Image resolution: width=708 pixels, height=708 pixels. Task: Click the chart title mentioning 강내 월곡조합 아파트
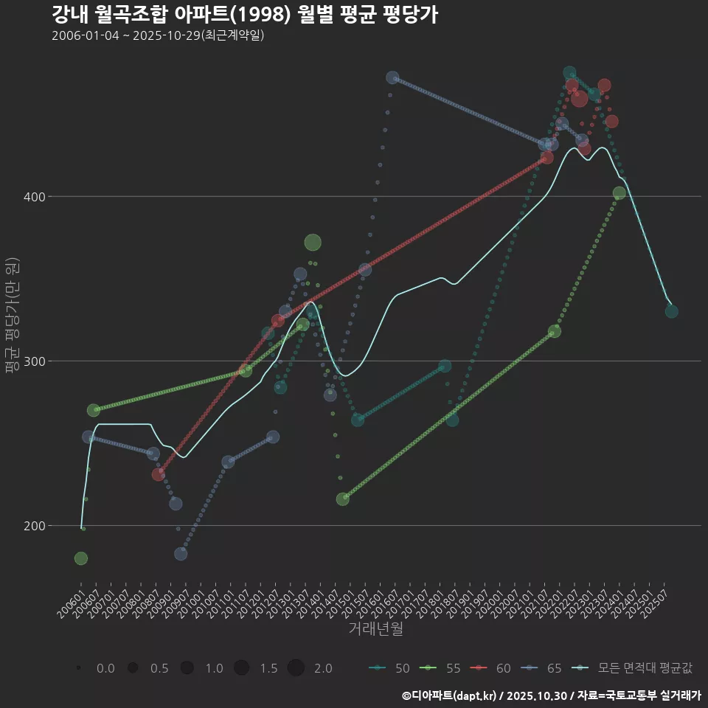click(x=245, y=14)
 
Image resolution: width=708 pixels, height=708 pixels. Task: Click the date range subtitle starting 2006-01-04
click(x=158, y=35)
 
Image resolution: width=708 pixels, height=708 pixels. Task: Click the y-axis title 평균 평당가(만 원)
click(x=12, y=317)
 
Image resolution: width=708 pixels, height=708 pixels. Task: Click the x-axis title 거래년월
click(x=375, y=629)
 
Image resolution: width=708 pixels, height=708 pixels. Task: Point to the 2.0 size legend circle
click(x=296, y=668)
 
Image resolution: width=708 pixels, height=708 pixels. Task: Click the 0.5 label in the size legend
click(x=159, y=668)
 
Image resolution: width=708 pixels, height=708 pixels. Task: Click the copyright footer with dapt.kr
click(x=551, y=695)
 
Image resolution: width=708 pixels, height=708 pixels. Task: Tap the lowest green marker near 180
click(x=81, y=558)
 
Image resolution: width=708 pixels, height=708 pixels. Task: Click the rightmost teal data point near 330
click(x=671, y=311)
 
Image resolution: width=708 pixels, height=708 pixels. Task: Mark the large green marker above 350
click(x=313, y=243)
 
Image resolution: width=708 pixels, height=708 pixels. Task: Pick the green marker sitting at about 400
click(x=619, y=193)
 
